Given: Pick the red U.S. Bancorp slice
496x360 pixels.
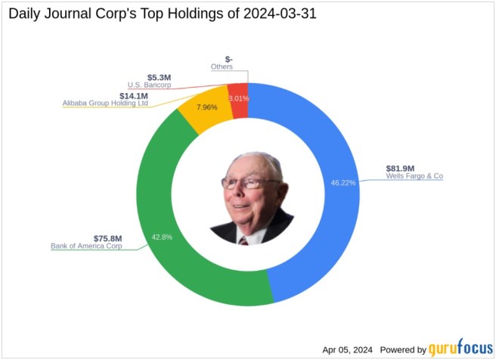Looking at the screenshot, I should coord(238,101).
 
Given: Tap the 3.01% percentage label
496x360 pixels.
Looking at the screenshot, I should coord(238,98).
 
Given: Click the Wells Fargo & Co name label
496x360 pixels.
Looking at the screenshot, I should coord(414,177).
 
